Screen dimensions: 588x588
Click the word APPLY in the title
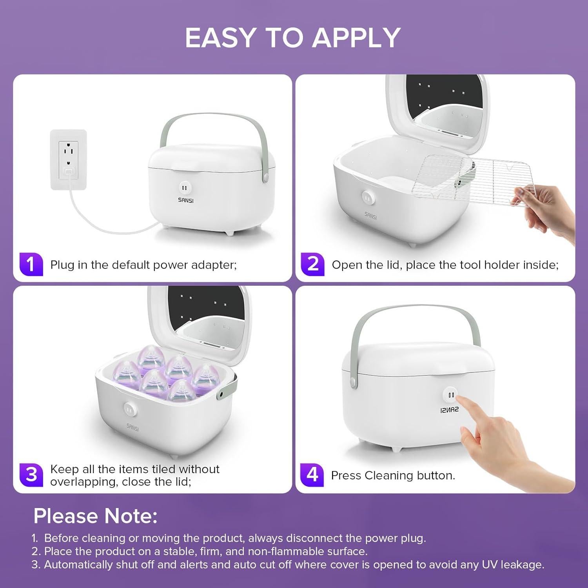point(356,38)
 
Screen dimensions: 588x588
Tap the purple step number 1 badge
point(31,265)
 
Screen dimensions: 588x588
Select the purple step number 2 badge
point(312,265)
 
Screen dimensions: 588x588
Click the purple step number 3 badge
point(31,475)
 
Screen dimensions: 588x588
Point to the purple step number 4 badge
point(312,475)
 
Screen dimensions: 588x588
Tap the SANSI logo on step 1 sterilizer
point(185,200)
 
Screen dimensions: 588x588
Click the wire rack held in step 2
point(474,178)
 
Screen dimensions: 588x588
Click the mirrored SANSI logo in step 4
point(449,409)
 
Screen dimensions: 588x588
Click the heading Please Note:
point(95,516)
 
